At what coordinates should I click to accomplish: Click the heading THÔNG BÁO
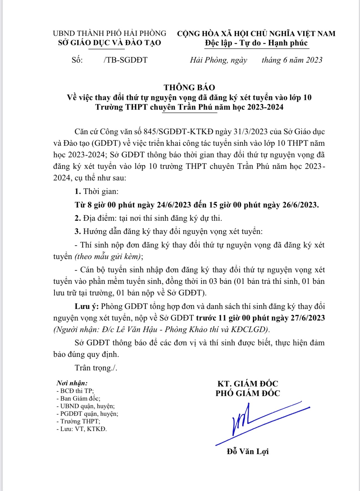coord(189,87)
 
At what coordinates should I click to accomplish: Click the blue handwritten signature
coord(254,420)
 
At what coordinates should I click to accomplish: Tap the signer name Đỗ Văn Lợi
coord(248,451)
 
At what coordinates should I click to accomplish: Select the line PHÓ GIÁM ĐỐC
coord(248,393)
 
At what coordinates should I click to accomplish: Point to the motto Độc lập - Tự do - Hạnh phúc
coord(256,43)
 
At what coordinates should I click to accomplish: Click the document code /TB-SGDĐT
coord(125,60)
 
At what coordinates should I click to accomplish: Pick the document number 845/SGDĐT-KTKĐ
coord(179,132)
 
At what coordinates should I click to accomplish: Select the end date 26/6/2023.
coord(300,205)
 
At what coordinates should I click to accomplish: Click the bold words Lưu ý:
coord(87,306)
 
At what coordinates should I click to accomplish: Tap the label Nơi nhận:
coord(72,383)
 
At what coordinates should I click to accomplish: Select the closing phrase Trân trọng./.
coord(96,368)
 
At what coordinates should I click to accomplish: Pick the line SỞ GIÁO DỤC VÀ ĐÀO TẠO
coord(109,43)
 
